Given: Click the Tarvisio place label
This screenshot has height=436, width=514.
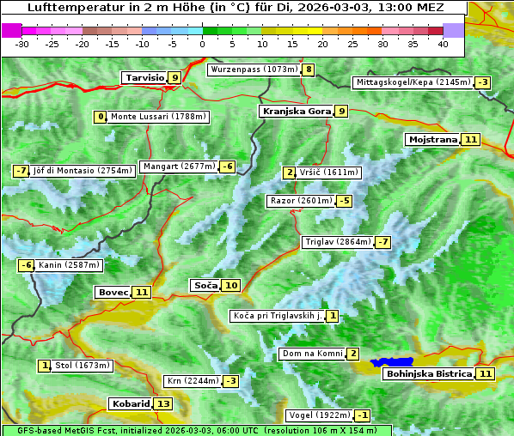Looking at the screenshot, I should (x=144, y=77).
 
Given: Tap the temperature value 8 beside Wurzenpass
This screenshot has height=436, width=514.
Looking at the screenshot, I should (x=308, y=70).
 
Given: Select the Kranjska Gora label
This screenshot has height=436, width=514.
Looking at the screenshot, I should (x=296, y=111).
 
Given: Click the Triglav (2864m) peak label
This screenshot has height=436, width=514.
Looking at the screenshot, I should (x=338, y=242).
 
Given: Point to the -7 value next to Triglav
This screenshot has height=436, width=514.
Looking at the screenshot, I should (x=382, y=242).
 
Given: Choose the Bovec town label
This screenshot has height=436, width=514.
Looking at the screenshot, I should (x=113, y=292).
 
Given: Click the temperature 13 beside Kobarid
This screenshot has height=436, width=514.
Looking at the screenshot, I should (x=163, y=403).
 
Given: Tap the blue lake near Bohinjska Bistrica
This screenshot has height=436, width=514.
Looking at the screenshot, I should (x=392, y=363).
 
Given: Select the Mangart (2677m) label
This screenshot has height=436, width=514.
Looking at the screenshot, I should (x=179, y=167).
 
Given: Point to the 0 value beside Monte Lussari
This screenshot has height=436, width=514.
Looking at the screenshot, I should (x=101, y=117).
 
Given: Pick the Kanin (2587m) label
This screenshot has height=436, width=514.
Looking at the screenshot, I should (x=70, y=265).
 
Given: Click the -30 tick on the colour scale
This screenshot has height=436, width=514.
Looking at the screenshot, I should (x=22, y=44).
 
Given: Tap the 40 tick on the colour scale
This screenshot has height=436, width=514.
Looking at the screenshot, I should (x=443, y=44).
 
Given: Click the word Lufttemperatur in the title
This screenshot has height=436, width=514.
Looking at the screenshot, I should (x=67, y=8).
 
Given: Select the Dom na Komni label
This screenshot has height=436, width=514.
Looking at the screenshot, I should (x=312, y=354).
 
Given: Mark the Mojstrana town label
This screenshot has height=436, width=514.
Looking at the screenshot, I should (x=432, y=139).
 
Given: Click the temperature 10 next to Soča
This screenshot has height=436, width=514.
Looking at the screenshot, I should (x=230, y=285).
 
